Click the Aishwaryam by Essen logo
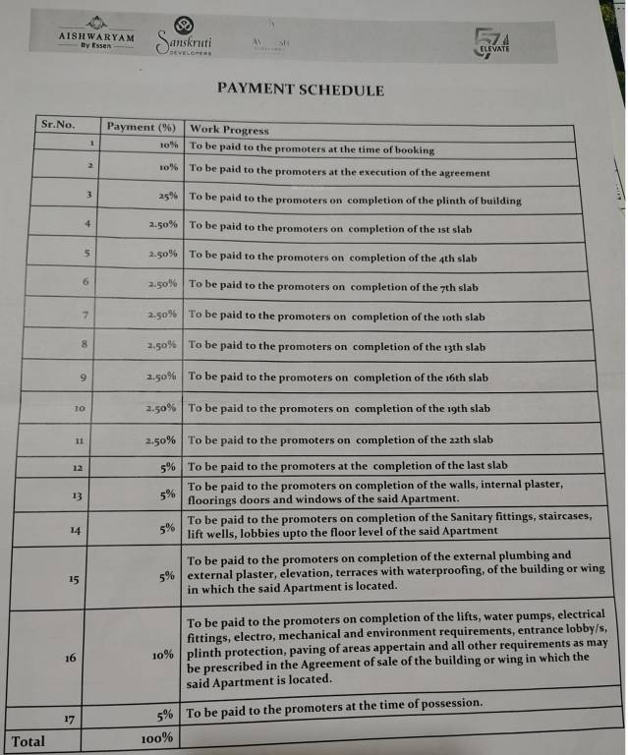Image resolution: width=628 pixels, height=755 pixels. tap(95, 35)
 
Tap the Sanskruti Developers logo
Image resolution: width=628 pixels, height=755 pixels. tap(186, 39)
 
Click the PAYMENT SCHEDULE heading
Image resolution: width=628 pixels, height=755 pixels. tap(301, 90)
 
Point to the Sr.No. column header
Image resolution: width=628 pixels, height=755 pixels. tap(58, 125)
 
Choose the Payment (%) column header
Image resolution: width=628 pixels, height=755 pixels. tap(141, 127)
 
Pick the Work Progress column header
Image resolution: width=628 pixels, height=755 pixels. tap(229, 130)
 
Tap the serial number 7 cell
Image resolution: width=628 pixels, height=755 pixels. tap(86, 316)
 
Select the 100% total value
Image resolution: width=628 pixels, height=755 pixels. tap(156, 738)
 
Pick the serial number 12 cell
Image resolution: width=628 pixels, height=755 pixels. tap(80, 468)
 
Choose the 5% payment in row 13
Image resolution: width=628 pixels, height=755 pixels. tap(168, 494)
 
